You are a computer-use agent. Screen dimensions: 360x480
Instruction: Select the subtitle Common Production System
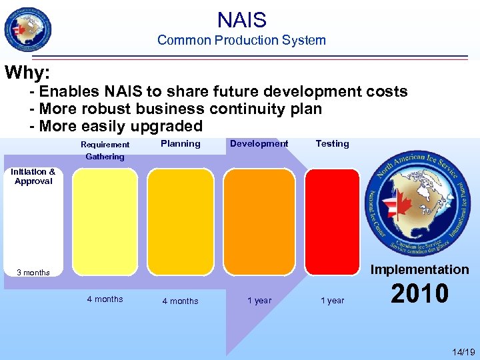[241, 40]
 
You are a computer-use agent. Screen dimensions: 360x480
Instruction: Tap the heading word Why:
[28, 72]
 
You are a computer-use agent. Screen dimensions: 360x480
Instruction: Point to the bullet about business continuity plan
[176, 109]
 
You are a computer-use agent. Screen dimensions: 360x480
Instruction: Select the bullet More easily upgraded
[116, 126]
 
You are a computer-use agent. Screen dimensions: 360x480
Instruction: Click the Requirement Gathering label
[105, 151]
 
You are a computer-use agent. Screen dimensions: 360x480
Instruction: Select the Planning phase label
[181, 143]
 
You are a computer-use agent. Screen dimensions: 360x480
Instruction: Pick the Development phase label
[259, 143]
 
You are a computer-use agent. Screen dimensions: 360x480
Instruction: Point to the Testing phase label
[332, 143]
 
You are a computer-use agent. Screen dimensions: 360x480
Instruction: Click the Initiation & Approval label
[33, 177]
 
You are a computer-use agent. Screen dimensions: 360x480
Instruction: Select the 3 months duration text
[33, 273]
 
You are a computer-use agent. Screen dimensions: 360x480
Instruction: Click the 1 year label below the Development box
[259, 301]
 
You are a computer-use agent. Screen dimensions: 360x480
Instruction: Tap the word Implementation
[419, 269]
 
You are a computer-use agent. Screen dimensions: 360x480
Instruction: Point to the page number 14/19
[463, 351]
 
